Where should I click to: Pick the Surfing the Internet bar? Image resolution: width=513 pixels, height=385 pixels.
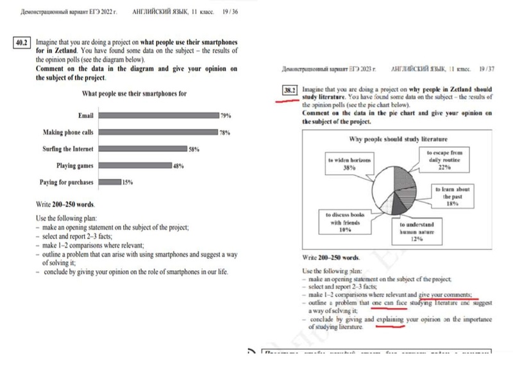[144, 149]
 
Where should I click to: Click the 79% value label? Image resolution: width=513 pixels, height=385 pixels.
[225, 116]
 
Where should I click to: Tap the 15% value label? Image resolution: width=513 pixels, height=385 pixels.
[128, 182]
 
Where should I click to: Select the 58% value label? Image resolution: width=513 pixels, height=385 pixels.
[194, 149]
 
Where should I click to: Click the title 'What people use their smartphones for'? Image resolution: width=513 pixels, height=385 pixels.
[134, 94]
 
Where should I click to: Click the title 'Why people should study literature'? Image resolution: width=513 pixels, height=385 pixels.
[398, 139]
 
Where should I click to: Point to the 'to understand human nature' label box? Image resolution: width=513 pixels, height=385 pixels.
[417, 232]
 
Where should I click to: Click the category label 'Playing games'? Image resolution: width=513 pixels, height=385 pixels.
[75, 166]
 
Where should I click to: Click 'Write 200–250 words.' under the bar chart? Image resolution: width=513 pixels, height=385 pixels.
[67, 204]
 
